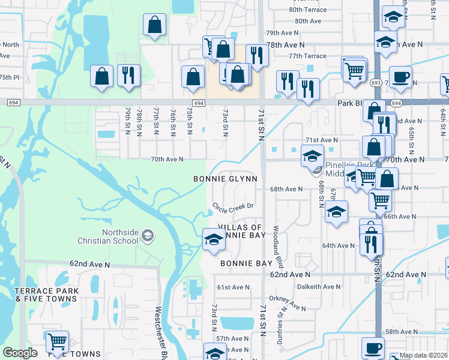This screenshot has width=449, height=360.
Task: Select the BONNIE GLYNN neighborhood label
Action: pyautogui.click(x=225, y=179)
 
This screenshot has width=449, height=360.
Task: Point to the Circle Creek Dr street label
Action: pyautogui.click(x=234, y=206)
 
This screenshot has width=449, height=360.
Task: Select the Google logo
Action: pyautogui.click(x=20, y=353)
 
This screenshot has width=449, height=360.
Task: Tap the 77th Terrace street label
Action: pyautogui.click(x=307, y=56)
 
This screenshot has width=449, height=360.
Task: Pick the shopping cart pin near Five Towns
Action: pyautogui.click(x=57, y=342)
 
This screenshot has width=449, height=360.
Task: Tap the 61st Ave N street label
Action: pyautogui.click(x=233, y=287)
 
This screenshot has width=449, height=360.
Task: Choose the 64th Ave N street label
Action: pyautogui.click(x=338, y=245)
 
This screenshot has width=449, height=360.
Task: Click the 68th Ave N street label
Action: pyautogui.click(x=286, y=189)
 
